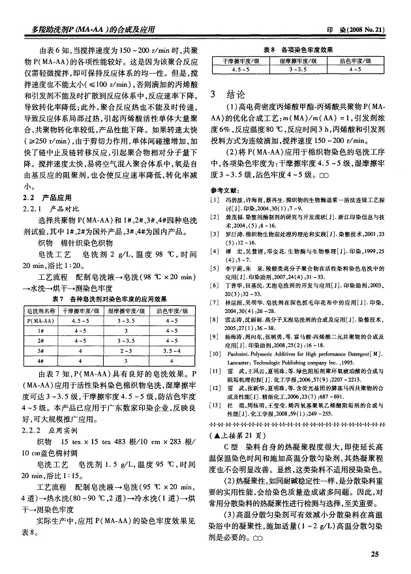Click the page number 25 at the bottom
click(374, 554)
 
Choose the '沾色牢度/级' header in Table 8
click(356, 60)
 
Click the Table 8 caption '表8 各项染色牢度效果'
click(298, 49)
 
